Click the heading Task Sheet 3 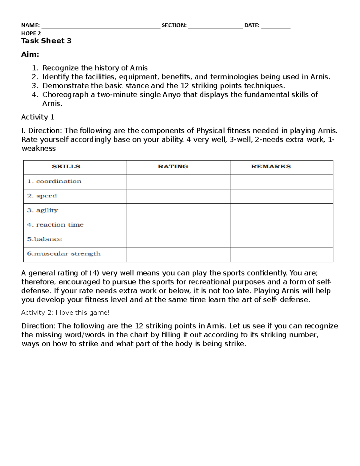46,41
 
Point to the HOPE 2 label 31,33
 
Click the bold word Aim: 30,54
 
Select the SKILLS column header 66,167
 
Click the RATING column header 173,167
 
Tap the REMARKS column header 271,167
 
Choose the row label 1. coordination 54,181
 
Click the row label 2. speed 42,196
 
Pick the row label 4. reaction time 55,225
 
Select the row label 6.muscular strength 64,254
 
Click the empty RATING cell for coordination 178,182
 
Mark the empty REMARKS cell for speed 281,196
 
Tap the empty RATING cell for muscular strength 178,254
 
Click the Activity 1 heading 37,117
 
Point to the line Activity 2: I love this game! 65,313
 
